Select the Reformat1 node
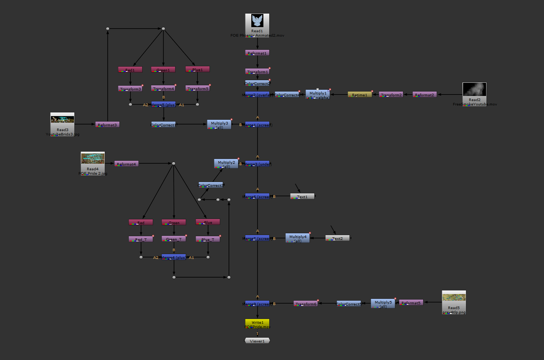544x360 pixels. [257, 53]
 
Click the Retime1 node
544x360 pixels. [360, 94]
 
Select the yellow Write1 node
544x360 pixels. [257, 324]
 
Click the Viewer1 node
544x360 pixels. [257, 341]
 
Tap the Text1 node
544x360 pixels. [302, 196]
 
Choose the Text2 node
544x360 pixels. [337, 238]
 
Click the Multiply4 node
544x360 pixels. [298, 238]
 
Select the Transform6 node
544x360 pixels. [306, 304]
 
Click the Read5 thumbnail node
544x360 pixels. [454, 301]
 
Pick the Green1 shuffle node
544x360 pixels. [163, 70]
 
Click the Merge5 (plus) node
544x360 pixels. [163, 104]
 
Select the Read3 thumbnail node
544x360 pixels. [62, 123]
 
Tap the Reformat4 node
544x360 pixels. [126, 164]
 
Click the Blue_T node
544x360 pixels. [208, 239]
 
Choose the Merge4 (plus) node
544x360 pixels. [174, 257]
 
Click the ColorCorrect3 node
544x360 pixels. [211, 185]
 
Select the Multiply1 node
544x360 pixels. [318, 94]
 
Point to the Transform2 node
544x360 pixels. [391, 94]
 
